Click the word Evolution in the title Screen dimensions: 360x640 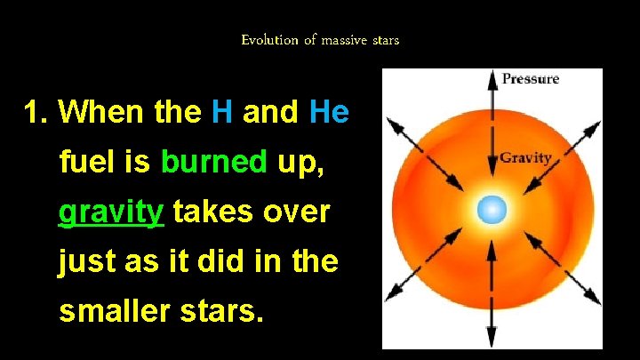tap(268, 40)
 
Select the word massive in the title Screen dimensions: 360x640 tap(341, 40)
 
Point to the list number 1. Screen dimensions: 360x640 tap(36, 113)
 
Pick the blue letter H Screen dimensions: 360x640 tap(222, 113)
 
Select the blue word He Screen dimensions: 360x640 tap(329, 113)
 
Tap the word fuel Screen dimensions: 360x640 tap(82, 163)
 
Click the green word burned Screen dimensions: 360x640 tap(214, 163)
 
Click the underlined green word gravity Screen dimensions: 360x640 tap(111, 213)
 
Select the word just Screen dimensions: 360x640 tap(84, 263)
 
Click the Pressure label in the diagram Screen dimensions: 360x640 tap(530, 79)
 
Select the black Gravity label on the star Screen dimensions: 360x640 tap(525, 158)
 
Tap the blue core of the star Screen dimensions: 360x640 tap(492, 210)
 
